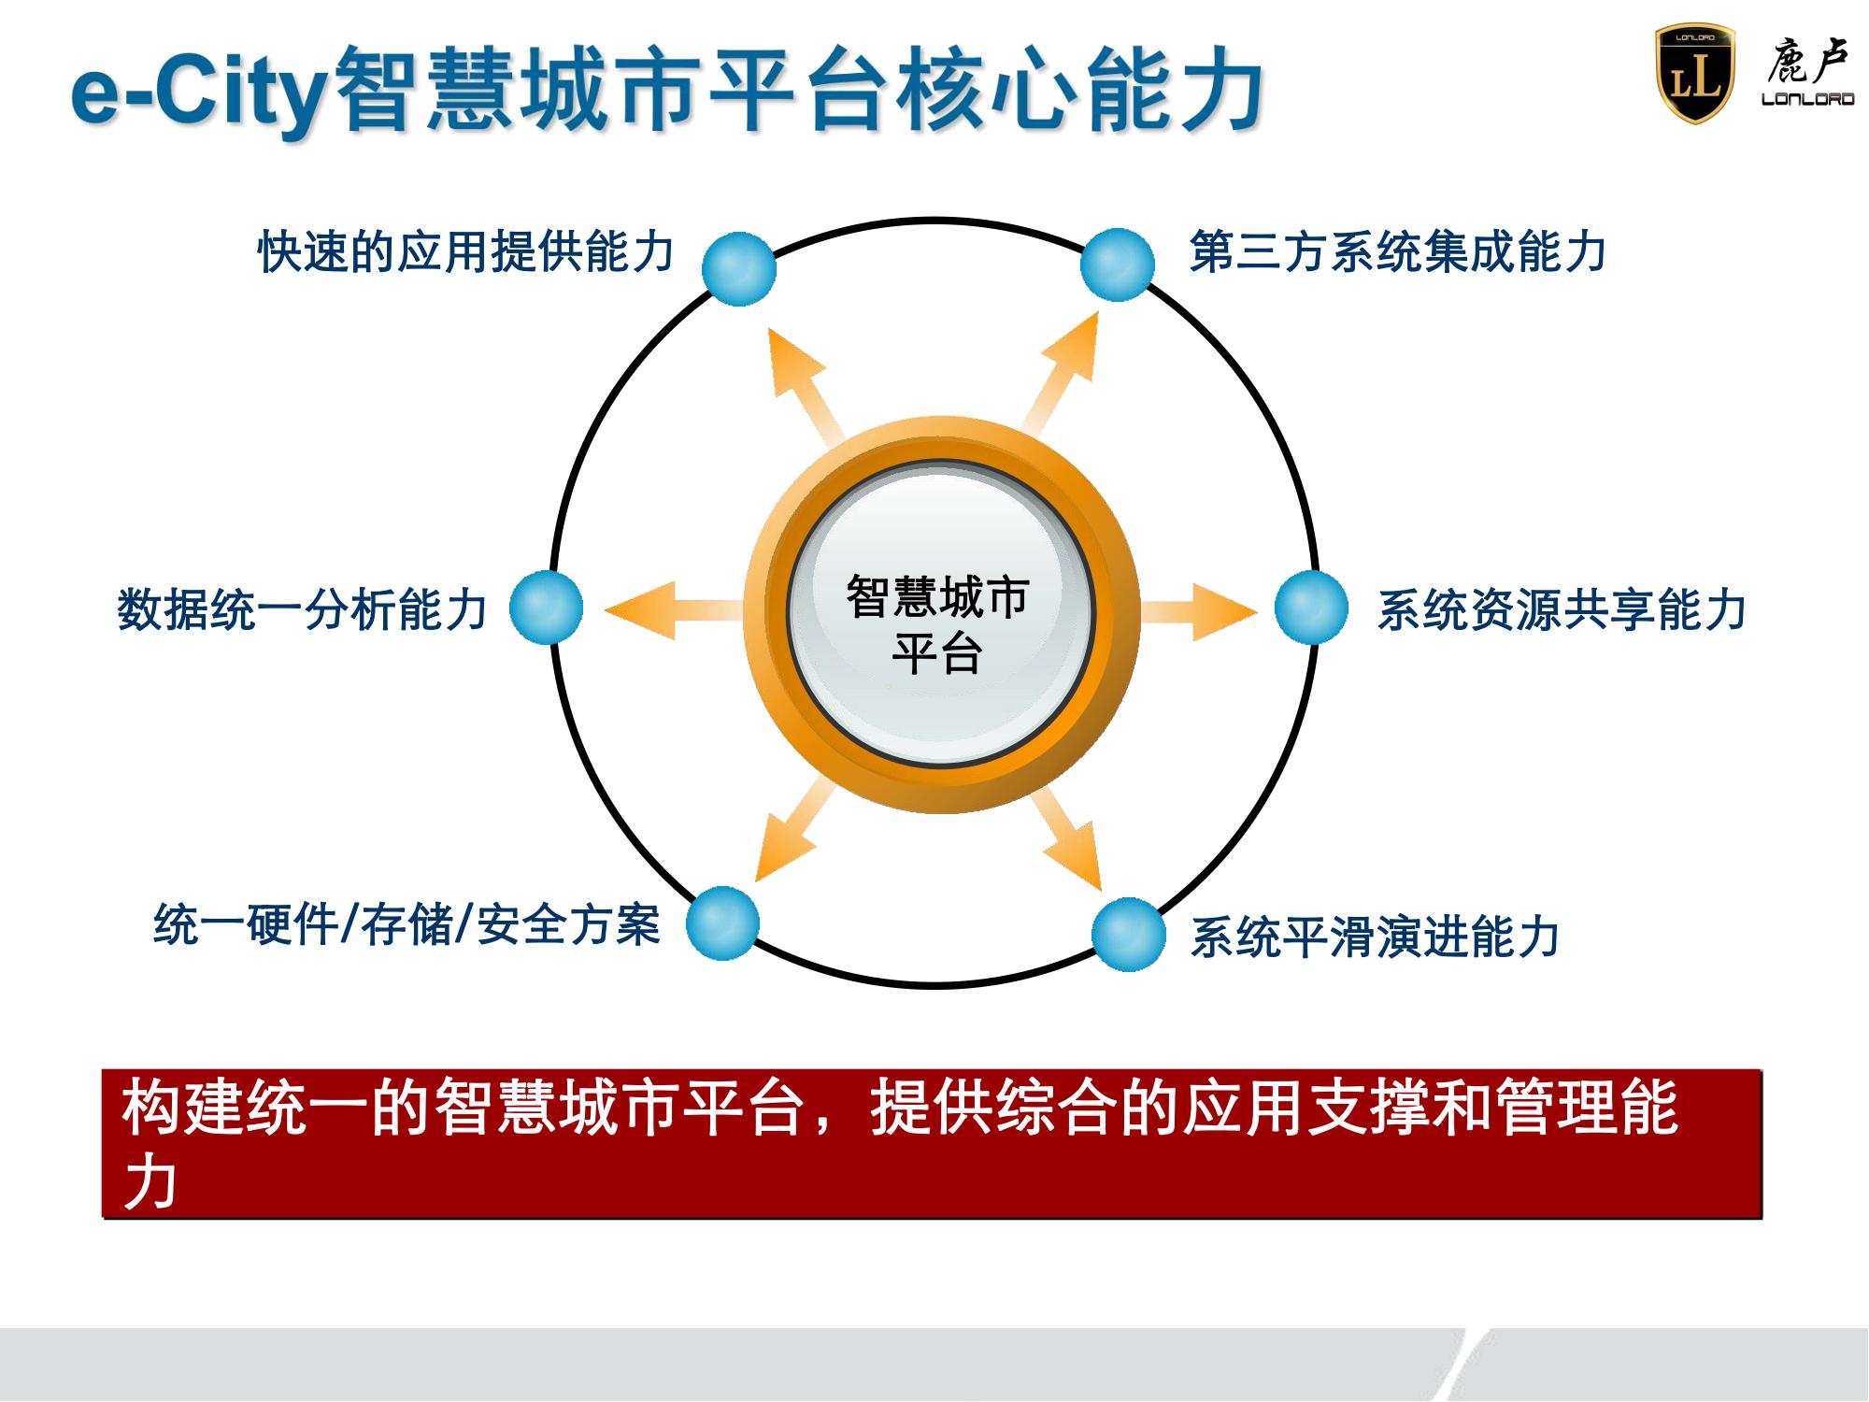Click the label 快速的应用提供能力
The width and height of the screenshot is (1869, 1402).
(x=465, y=251)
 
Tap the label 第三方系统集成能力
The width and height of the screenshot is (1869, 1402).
(x=1397, y=251)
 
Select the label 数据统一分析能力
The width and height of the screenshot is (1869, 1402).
(x=302, y=610)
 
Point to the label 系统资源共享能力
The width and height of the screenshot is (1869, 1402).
(x=1562, y=610)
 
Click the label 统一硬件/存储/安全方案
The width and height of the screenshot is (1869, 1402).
(x=407, y=925)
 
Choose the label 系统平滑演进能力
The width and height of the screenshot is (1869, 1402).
(x=1375, y=937)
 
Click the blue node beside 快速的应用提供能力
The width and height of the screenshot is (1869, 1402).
(x=739, y=268)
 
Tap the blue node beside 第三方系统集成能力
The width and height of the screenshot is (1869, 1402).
(x=1118, y=265)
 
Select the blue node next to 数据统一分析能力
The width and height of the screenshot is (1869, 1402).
(x=547, y=608)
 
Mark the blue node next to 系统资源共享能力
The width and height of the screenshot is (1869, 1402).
(x=1312, y=608)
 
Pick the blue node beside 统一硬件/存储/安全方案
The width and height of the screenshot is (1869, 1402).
(x=723, y=923)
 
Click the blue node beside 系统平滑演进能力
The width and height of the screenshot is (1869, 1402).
(x=1129, y=935)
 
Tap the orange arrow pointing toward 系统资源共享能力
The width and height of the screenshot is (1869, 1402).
(x=1199, y=610)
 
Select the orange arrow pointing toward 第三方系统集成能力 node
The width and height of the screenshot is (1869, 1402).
(x=1062, y=374)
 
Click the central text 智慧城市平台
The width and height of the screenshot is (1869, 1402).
(x=937, y=623)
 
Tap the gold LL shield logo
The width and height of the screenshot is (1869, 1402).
(x=1694, y=74)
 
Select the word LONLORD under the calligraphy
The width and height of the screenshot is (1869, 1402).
(x=1807, y=99)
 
